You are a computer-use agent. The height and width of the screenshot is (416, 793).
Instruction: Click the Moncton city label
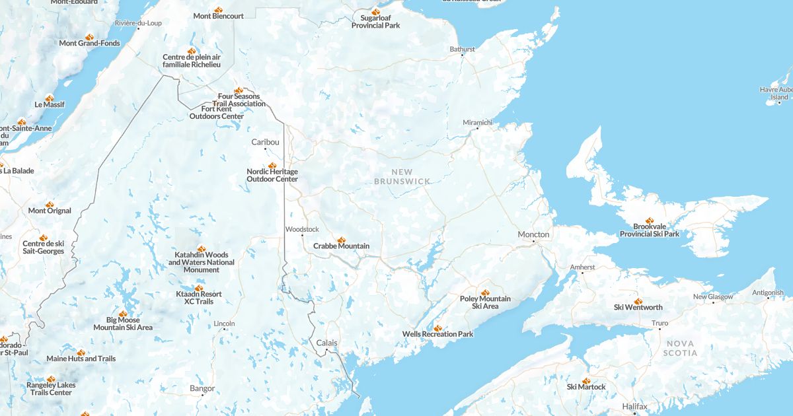pos(533,234)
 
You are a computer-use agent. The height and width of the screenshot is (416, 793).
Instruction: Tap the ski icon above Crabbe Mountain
pos(342,240)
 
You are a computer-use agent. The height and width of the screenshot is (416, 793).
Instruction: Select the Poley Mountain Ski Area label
pos(485,302)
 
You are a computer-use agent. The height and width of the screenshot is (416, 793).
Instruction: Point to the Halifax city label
pos(634,406)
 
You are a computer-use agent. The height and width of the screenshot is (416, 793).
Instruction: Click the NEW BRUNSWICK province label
pos(402,176)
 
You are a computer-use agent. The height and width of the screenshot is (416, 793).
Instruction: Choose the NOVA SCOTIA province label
pos(680,348)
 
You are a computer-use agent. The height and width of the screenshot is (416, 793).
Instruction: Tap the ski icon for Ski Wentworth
pos(638,301)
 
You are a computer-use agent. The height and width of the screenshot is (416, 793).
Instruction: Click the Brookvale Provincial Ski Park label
pos(649,230)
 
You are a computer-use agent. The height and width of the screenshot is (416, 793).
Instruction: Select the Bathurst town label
pos(463,50)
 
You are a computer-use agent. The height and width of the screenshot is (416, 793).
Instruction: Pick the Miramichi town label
pos(478,122)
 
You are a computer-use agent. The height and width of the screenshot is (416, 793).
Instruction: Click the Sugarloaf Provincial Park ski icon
pos(375,12)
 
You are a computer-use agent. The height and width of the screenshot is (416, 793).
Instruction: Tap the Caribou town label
pos(265,142)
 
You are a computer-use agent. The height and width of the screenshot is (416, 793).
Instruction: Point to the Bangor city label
pos(202,388)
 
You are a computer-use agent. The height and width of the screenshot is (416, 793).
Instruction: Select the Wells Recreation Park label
pos(437,334)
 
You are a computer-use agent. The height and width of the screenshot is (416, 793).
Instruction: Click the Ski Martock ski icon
pos(586,381)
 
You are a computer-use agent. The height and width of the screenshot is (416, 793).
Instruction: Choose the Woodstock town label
pos(302,229)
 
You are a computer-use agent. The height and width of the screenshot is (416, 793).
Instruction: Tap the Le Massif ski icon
pos(50,98)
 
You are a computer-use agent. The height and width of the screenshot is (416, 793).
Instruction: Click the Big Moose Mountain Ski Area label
pos(123,324)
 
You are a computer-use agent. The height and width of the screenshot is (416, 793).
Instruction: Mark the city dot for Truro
pos(659,330)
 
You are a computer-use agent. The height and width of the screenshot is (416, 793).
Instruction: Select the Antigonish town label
pos(767,293)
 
